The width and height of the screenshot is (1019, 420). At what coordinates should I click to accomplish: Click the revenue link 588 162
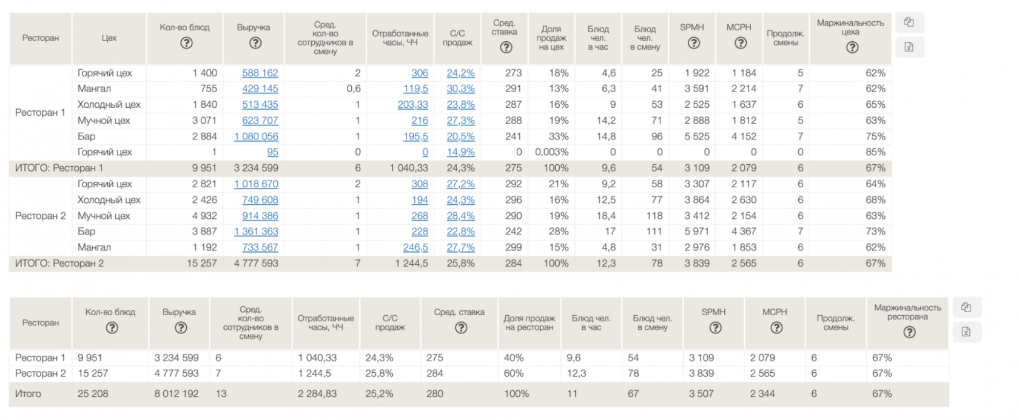tap(260, 73)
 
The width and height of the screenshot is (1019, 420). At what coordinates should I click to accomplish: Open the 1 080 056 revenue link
tap(256, 136)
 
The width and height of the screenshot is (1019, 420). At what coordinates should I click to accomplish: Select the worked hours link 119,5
tap(415, 88)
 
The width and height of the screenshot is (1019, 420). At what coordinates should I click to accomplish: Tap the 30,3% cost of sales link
tap(460, 88)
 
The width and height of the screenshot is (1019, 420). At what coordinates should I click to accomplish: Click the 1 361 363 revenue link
tap(256, 232)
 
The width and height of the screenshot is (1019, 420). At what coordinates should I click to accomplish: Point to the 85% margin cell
tap(875, 152)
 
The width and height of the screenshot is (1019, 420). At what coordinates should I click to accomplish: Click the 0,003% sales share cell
tap(551, 152)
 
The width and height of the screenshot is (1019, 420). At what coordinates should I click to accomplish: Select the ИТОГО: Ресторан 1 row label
tap(59, 168)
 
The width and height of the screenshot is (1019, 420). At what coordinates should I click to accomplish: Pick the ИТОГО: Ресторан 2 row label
tap(59, 263)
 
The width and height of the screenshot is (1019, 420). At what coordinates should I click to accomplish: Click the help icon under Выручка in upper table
tap(255, 43)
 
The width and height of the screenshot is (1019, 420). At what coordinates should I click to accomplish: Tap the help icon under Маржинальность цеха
tap(852, 47)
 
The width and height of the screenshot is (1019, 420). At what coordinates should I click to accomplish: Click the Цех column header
tap(109, 38)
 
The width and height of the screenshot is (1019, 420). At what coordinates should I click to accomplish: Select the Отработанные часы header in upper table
tap(400, 38)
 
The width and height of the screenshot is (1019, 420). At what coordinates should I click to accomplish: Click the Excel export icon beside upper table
tap(909, 47)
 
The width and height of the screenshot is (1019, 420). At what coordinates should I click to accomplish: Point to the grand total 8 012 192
tap(176, 393)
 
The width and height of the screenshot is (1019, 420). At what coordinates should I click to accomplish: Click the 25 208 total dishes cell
tap(93, 393)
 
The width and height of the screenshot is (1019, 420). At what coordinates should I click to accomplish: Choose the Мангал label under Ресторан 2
tap(94, 247)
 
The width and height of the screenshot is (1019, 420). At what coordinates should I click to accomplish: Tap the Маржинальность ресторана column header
tap(907, 312)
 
